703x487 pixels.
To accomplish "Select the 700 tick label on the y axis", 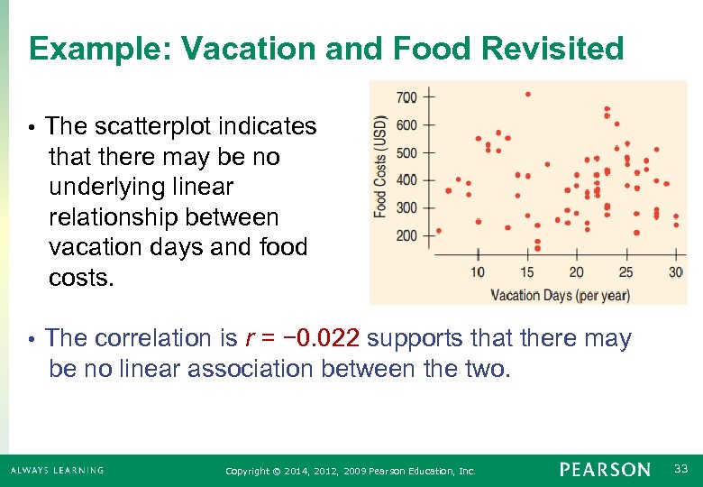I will coord(406,96).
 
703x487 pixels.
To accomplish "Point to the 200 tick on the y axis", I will coord(406,235).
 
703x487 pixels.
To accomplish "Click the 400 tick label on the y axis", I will coord(406,179).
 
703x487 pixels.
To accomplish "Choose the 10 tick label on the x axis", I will coord(477,272).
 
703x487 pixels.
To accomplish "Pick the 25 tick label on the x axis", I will coord(625,272).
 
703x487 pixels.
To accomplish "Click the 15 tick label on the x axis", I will coord(526,272).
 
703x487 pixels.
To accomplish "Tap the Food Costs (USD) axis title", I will coord(381,167).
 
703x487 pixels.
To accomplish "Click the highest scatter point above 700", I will coord(527,94).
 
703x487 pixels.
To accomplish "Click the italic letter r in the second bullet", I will coord(249,339).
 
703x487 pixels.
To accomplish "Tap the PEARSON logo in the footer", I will coord(604,470).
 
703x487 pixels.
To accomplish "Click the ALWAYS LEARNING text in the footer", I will coord(58,470).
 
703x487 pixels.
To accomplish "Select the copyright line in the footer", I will coord(350,471).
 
